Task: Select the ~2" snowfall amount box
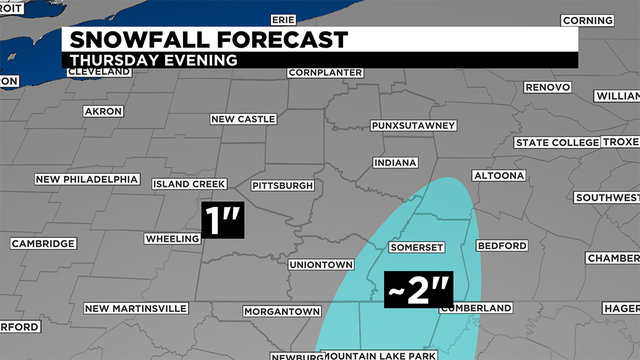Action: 419,291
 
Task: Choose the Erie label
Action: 284,19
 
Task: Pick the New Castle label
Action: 243,119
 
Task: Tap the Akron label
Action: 103,111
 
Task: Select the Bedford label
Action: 501,245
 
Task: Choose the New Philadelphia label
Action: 85,180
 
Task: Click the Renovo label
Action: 548,87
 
